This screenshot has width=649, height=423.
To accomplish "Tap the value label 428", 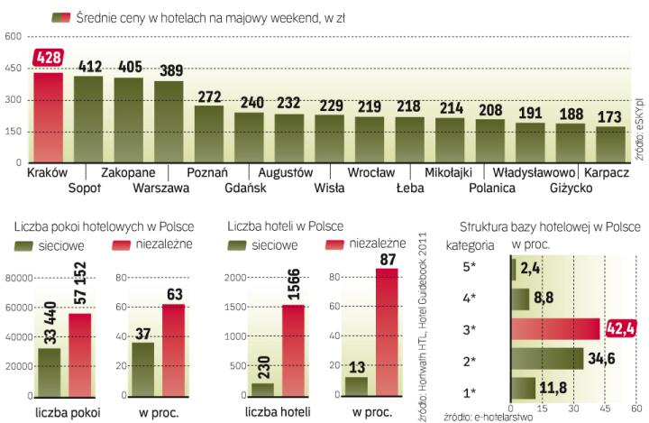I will pos(48,58).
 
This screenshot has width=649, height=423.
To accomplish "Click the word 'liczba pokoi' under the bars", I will pos(67,413).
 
